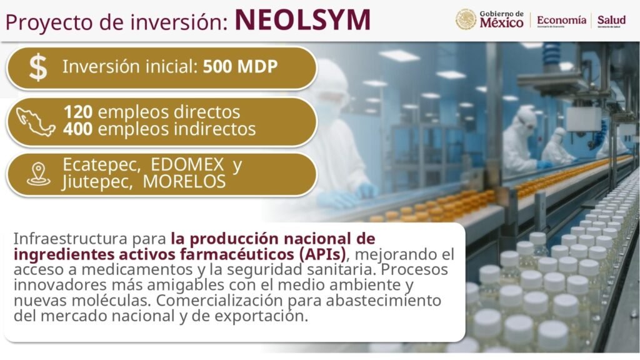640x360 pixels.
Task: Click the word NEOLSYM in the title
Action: pyautogui.click(x=302, y=20)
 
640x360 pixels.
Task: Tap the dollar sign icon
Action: pyautogui.click(x=38, y=67)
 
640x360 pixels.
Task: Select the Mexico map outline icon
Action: pyautogui.click(x=35, y=121)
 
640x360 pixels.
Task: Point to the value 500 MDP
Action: pyautogui.click(x=240, y=66)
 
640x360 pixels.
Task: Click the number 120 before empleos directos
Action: pyautogui.click(x=77, y=112)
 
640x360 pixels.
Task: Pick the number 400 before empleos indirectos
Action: pyautogui.click(x=77, y=129)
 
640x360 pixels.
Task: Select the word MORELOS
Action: pyautogui.click(x=184, y=182)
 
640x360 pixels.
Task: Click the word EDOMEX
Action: pyautogui.click(x=187, y=165)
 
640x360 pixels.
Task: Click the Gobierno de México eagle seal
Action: pyautogui.click(x=466, y=19)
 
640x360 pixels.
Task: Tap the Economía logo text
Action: pyautogui.click(x=561, y=20)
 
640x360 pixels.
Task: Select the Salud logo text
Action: pyautogui.click(x=611, y=20)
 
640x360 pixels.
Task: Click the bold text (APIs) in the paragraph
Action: pyautogui.click(x=322, y=254)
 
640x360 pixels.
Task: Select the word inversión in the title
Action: pyautogui.click(x=179, y=22)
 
